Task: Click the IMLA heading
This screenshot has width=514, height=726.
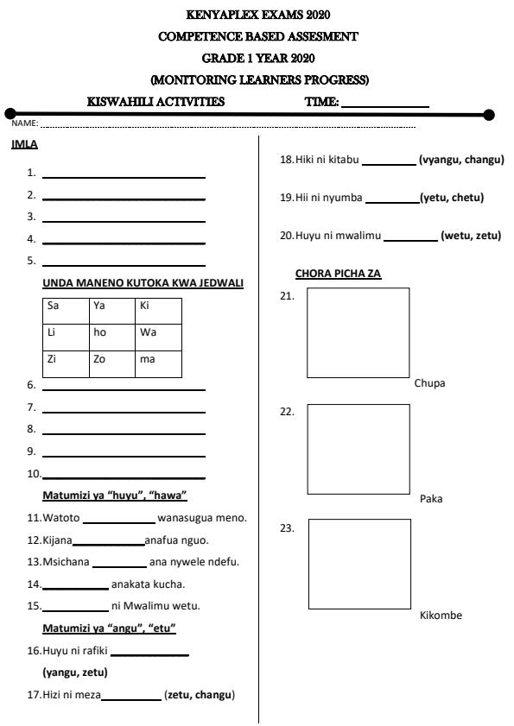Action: coord(24,144)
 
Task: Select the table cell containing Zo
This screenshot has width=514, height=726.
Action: coord(112,363)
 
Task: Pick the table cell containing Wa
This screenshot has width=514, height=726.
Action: coord(158,337)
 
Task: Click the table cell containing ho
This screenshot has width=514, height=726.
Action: coord(112,337)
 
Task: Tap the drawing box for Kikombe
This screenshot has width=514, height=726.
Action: coord(359,564)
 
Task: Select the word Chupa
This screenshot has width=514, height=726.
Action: coord(429,383)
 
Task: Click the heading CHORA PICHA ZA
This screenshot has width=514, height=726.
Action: coord(338,274)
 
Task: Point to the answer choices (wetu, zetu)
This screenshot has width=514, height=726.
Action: coord(470,236)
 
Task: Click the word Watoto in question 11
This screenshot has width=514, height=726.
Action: coord(60,518)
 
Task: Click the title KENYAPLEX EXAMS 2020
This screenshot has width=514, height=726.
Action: coord(257,15)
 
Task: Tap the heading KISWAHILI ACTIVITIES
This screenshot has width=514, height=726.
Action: coord(156,102)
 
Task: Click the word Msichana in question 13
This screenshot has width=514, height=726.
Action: coord(66,563)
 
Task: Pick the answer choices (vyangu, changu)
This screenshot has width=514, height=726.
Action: coord(460,160)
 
